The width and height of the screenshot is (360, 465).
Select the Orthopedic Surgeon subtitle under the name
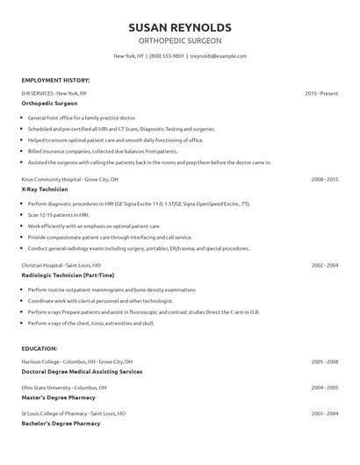point(180,40)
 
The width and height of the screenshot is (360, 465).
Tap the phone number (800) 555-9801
point(167,56)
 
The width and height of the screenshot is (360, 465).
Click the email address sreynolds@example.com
point(219,56)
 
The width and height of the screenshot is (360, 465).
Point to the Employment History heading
point(55,80)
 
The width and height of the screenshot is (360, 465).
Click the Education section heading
point(40,348)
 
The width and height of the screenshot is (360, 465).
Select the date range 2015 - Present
point(321,92)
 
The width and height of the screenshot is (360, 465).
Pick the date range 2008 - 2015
point(325,178)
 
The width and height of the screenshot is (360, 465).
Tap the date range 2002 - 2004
point(325,264)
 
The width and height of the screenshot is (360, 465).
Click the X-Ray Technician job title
point(47,190)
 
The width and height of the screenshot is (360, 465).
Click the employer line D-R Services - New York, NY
point(54,92)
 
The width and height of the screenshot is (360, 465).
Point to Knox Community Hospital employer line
point(69,178)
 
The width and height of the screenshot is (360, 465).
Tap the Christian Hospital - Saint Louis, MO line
point(61,264)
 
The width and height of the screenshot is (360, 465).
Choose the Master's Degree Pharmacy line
point(59,397)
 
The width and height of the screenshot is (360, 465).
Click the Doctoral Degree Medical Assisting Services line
point(82,372)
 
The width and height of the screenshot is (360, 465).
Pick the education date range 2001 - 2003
point(325,411)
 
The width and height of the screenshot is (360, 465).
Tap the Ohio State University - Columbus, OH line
point(64,387)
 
